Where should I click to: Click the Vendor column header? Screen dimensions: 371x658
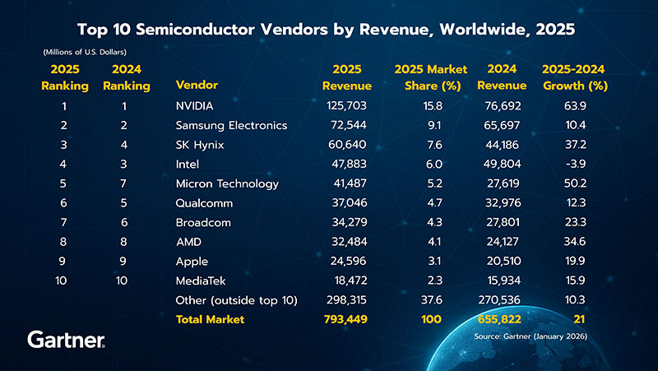pyautogui.click(x=197, y=86)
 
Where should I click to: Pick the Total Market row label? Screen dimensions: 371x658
pyautogui.click(x=210, y=319)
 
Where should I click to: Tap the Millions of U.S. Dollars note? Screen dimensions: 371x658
pyautogui.click(x=84, y=53)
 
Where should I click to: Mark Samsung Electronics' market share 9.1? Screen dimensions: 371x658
pyautogui.click(x=433, y=125)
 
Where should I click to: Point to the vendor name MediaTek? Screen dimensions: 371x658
pyautogui.click(x=202, y=281)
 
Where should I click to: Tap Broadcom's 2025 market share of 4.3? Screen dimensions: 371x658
pyautogui.click(x=433, y=222)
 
